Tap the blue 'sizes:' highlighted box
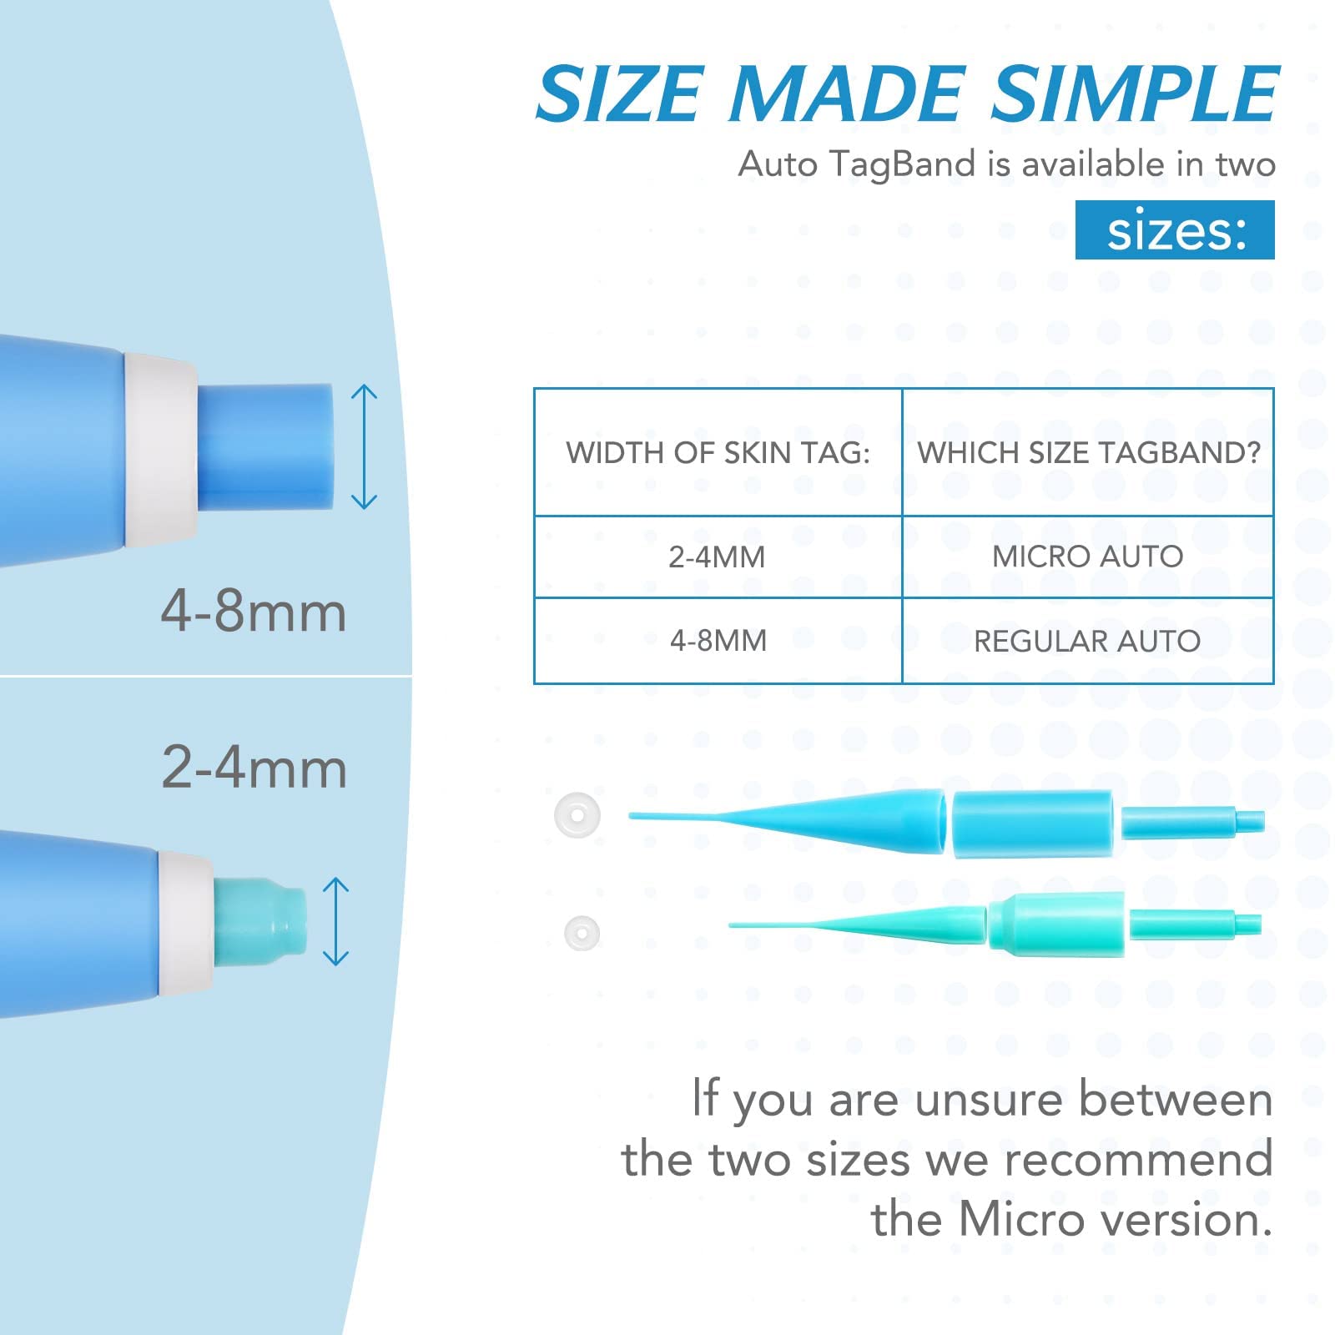pyautogui.click(x=1174, y=230)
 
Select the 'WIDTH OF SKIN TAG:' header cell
pyautogui.click(x=718, y=452)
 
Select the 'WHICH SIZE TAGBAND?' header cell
pyautogui.click(x=1088, y=452)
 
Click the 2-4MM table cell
pyautogui.click(x=718, y=557)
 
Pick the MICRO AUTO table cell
pyautogui.click(x=1088, y=557)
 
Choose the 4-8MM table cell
pyautogui.click(x=718, y=641)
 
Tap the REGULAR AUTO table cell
pyautogui.click(x=1088, y=641)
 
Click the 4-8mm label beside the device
pyautogui.click(x=254, y=612)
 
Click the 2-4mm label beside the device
pyautogui.click(x=254, y=768)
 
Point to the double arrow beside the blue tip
pyautogui.click(x=365, y=446)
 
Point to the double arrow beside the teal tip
pyautogui.click(x=335, y=921)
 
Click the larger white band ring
pyautogui.click(x=577, y=814)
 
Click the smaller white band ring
pyautogui.click(x=582, y=932)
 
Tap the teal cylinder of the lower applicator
pyautogui.click(x=1056, y=924)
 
